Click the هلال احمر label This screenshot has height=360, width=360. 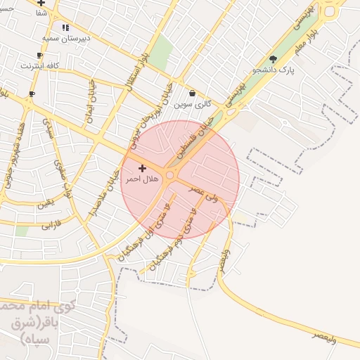(143, 180)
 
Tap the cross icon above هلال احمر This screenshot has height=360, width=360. (143, 168)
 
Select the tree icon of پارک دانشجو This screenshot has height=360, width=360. (273, 59)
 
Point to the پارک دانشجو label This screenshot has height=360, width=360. (292, 70)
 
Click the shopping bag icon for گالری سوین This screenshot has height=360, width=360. (193, 93)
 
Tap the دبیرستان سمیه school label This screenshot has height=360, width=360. (65, 38)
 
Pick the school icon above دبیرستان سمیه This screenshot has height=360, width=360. (65, 27)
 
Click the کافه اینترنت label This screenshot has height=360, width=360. (40, 65)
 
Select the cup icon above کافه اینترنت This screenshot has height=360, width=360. (39, 55)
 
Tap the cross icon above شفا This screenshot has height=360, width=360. (41, 3)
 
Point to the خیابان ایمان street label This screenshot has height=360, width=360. (91, 103)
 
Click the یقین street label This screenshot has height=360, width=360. (45, 204)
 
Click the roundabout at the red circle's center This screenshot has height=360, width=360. (170, 174)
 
